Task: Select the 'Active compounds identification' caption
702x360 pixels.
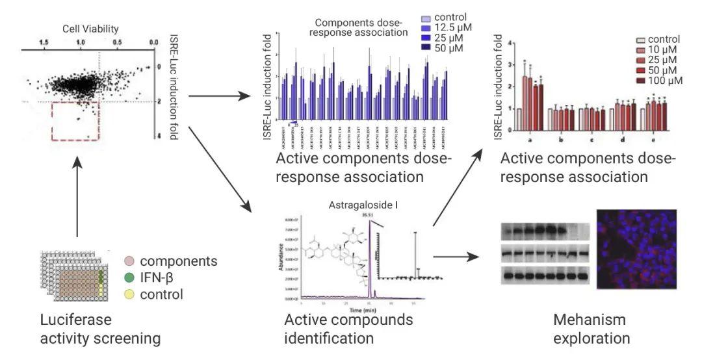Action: click(x=348, y=328)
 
